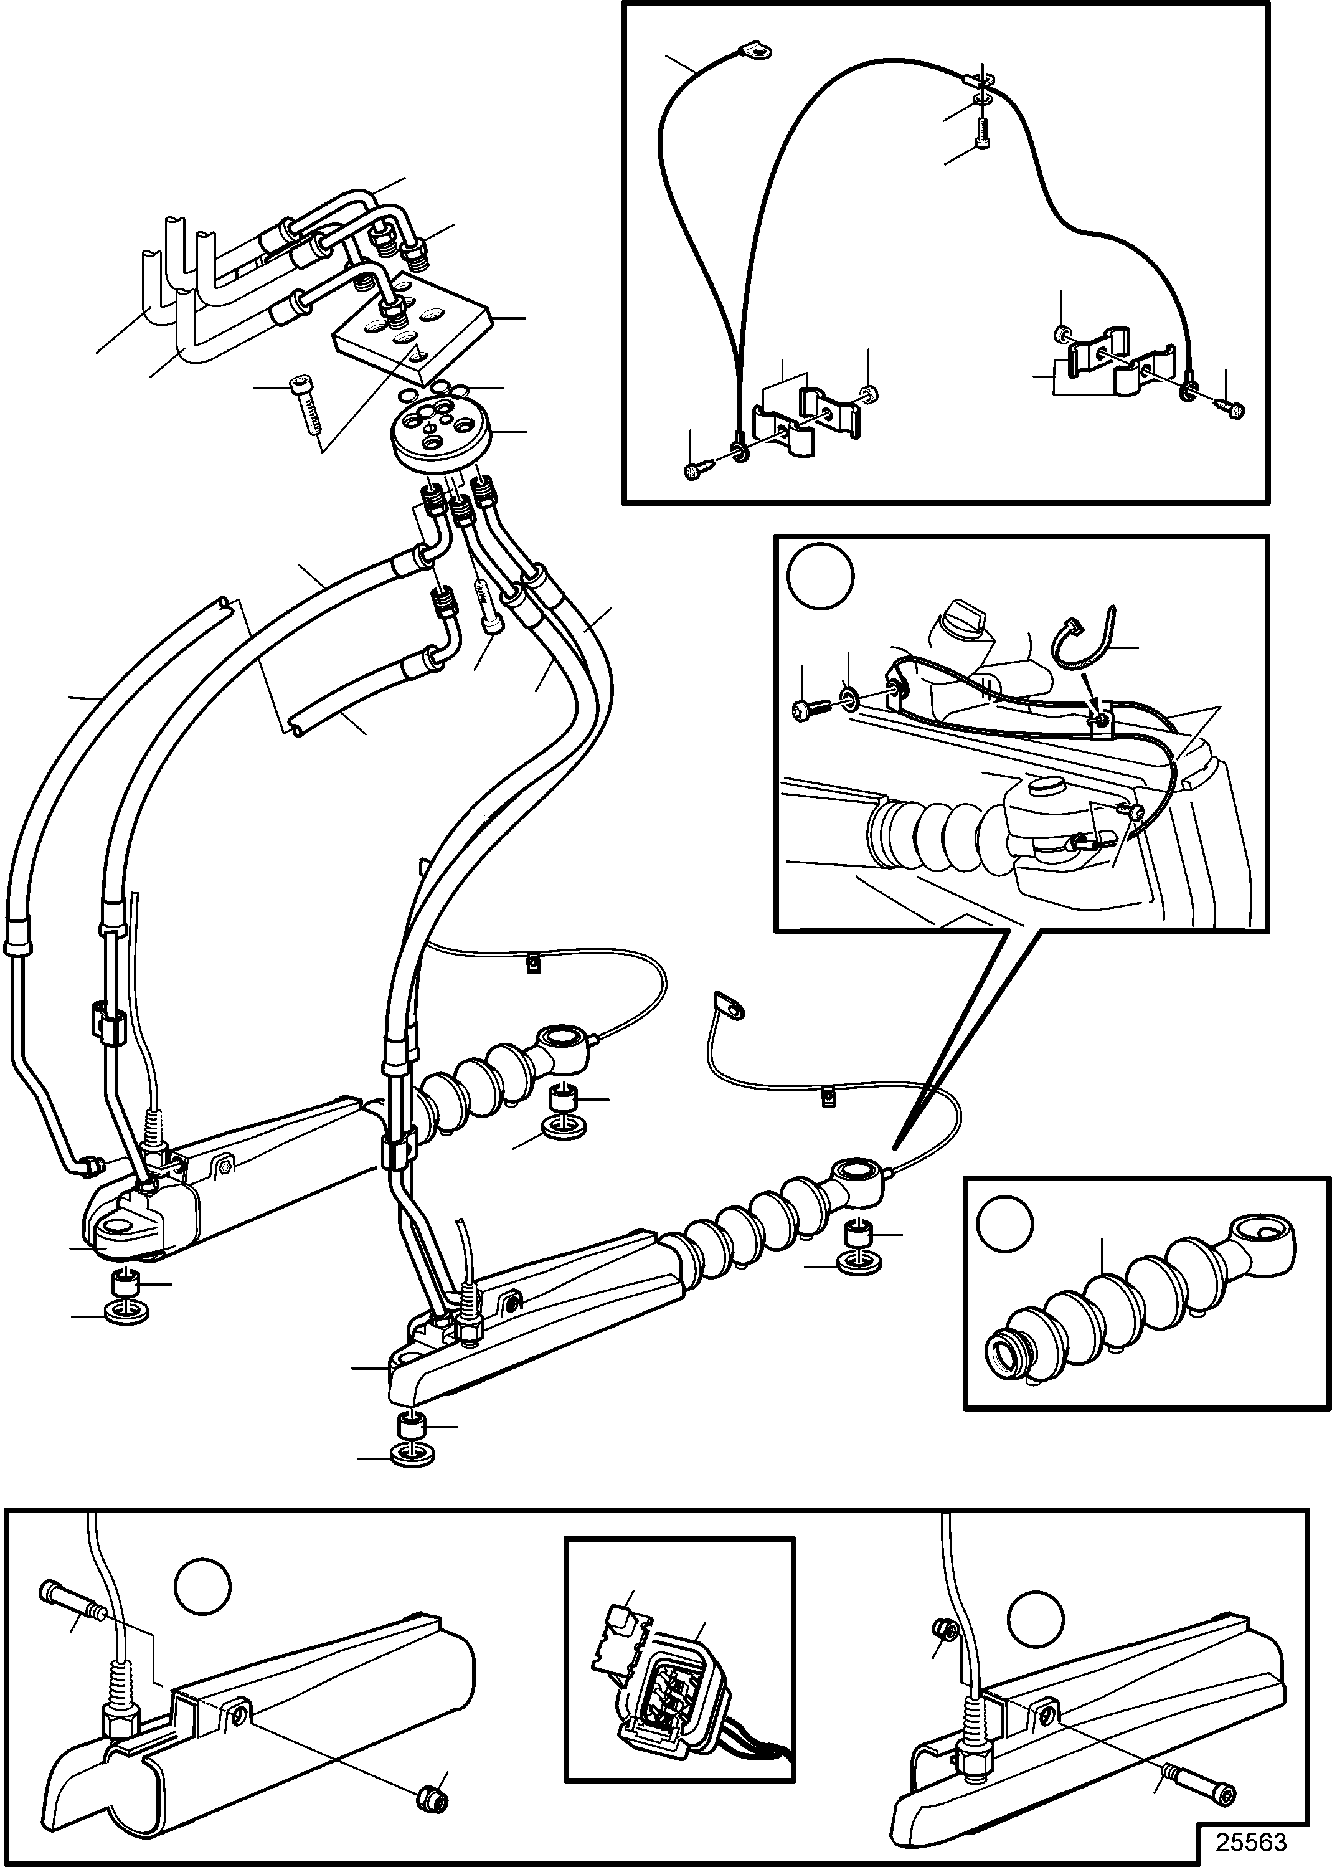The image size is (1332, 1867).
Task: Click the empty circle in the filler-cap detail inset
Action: coord(821,577)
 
